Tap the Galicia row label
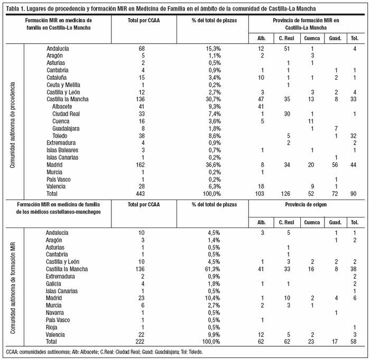[x=55, y=283]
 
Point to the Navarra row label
[x=57, y=313]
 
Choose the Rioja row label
[x=53, y=328]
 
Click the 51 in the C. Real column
[x=288, y=48]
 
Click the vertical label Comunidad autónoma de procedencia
[x=13, y=125]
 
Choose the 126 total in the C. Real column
[x=288, y=194]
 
